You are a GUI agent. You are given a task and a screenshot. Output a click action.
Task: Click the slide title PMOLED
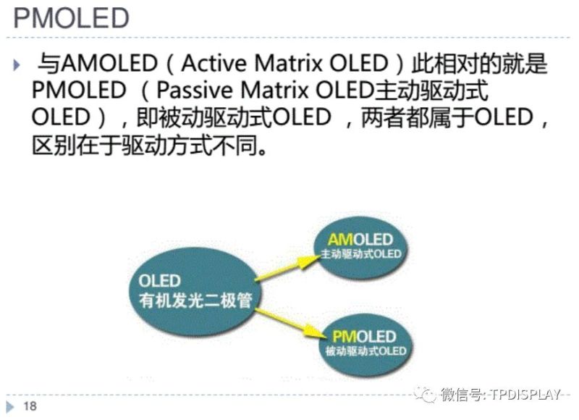click(x=72, y=17)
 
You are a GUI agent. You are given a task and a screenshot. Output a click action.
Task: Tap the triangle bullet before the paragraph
click(x=17, y=66)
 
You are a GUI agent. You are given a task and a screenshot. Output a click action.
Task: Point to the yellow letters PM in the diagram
click(x=342, y=336)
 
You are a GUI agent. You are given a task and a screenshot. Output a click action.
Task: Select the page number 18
click(x=30, y=406)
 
